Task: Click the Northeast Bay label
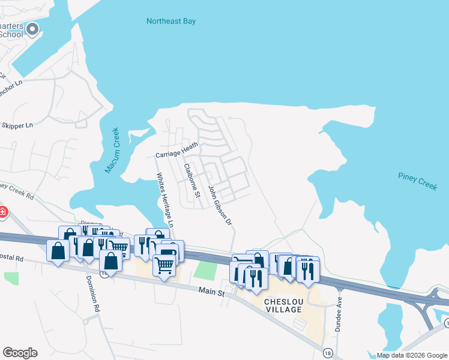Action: (x=171, y=22)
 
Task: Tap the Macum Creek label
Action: (x=112, y=151)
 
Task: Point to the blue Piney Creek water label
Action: (x=417, y=181)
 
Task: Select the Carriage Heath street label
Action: (x=176, y=151)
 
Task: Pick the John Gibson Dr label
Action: (x=220, y=205)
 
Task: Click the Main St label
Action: (x=212, y=293)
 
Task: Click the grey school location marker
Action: (x=32, y=28)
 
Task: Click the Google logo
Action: (x=20, y=353)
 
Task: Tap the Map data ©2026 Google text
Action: (x=411, y=355)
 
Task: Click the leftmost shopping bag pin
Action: (x=58, y=251)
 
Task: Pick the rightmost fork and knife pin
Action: (x=308, y=270)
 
